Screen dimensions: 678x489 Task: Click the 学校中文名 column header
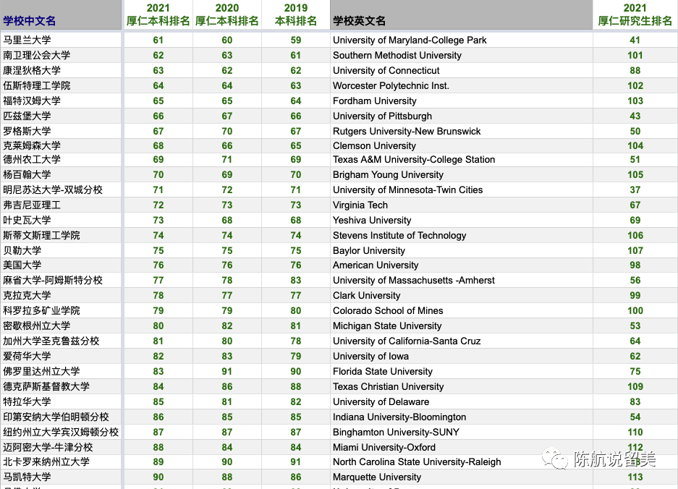(x=30, y=21)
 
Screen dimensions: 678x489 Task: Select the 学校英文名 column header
(x=359, y=21)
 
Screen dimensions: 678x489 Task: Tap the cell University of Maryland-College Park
(x=410, y=41)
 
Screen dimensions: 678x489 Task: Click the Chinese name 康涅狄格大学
(x=32, y=71)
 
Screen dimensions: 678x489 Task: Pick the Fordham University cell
(x=374, y=101)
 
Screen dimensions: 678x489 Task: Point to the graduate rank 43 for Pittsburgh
(x=635, y=116)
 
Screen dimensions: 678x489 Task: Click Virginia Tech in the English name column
(x=360, y=205)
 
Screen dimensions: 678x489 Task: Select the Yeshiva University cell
(x=371, y=221)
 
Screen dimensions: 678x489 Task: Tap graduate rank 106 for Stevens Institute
(x=635, y=236)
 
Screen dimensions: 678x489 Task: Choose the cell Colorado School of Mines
(x=388, y=311)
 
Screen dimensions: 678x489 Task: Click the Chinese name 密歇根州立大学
(x=37, y=326)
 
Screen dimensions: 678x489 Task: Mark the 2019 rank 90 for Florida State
(x=295, y=372)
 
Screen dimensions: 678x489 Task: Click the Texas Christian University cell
(x=388, y=387)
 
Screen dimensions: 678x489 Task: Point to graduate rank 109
(x=635, y=387)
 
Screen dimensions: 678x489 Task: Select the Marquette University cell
(x=376, y=477)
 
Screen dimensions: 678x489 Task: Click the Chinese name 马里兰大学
(x=27, y=41)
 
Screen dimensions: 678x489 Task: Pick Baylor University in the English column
(x=368, y=251)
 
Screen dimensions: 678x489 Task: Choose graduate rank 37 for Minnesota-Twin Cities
(x=635, y=190)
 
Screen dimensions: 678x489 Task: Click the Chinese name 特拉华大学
(x=27, y=402)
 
